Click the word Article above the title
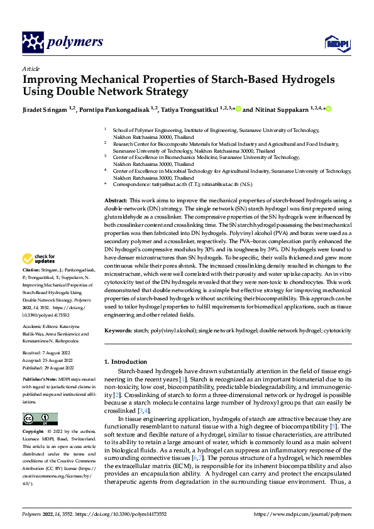(x=30, y=68)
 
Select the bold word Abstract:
(x=116, y=200)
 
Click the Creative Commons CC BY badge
(x=40, y=419)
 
